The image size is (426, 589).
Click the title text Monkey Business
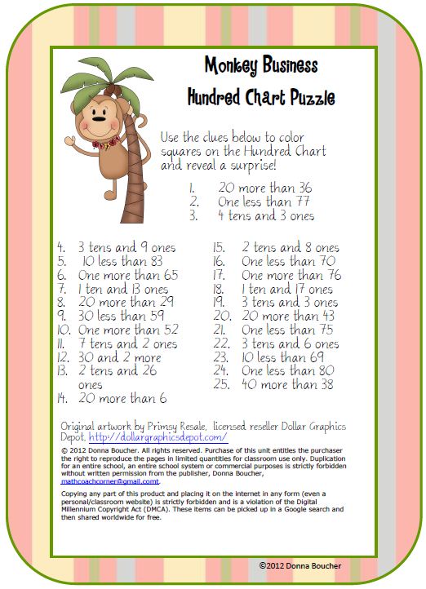pyautogui.click(x=260, y=65)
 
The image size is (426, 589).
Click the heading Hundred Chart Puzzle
pyautogui.click(x=260, y=98)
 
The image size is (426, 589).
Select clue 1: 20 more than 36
pyautogui.click(x=264, y=187)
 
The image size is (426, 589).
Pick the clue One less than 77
pyautogui.click(x=264, y=201)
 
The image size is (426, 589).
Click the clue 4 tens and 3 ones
pyautogui.click(x=265, y=216)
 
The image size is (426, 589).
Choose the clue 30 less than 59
pyautogui.click(x=119, y=316)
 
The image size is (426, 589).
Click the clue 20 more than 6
pyautogui.click(x=122, y=399)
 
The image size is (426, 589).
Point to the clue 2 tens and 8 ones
pyautogui.click(x=290, y=247)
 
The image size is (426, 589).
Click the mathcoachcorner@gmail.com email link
pyautogui.click(x=110, y=482)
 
